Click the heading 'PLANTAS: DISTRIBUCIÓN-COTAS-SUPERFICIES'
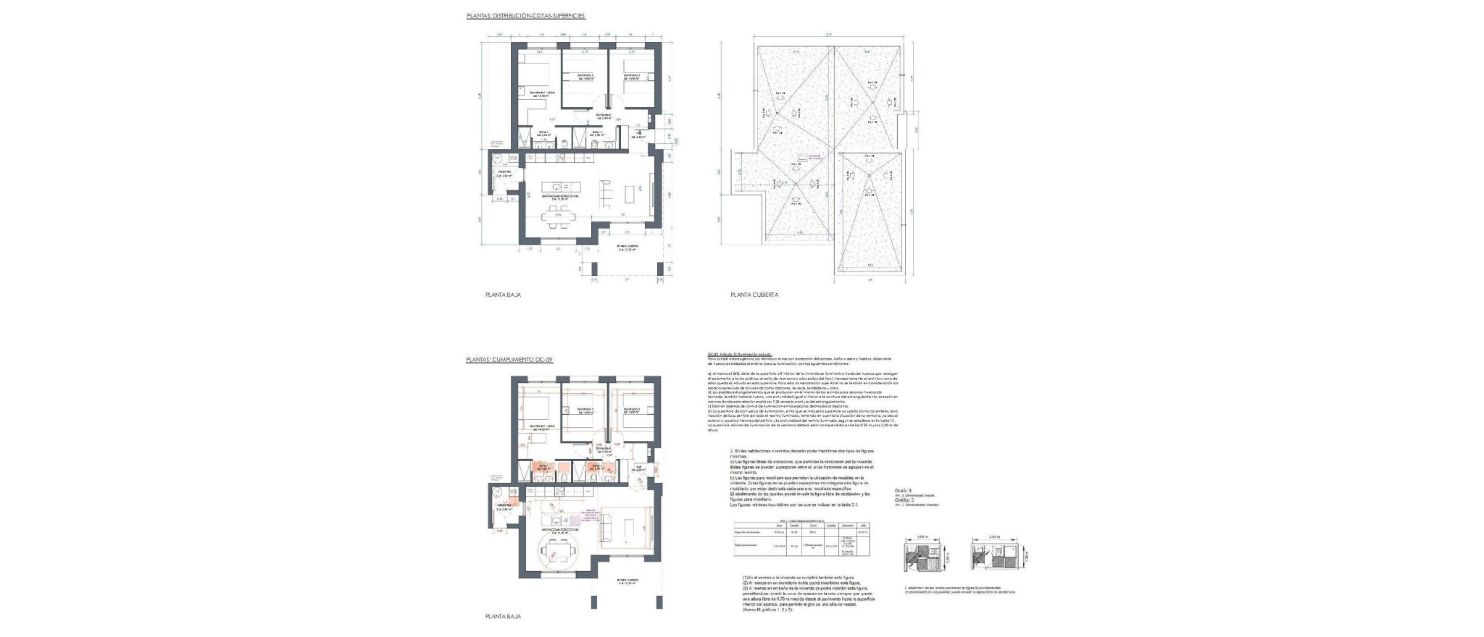coord(525,14)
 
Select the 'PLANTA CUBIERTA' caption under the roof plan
coord(754,295)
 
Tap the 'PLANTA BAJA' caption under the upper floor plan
coord(503,295)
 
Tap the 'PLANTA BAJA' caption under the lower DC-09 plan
coord(503,616)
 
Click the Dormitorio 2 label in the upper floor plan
coord(585,77)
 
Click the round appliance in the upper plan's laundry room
coord(498,161)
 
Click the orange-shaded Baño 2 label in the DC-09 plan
coord(597,468)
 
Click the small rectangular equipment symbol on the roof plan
coord(802,157)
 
